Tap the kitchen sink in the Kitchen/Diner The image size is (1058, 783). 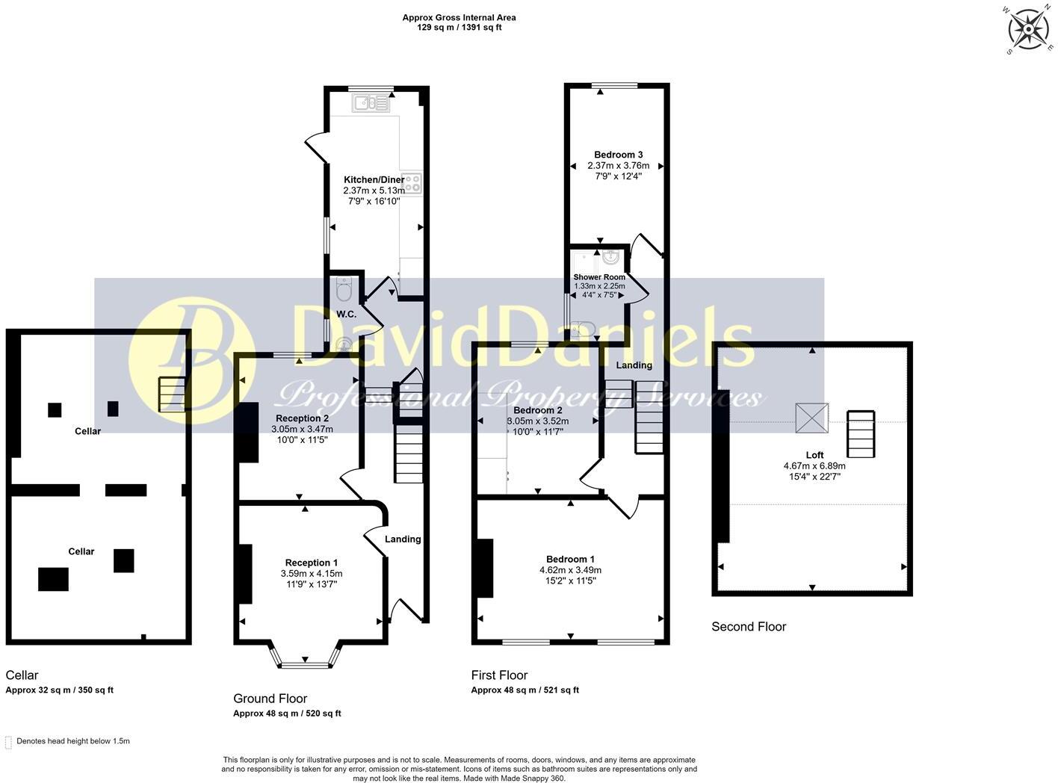(x=371, y=103)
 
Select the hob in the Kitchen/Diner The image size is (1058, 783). (x=412, y=183)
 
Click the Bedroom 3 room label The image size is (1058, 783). (x=618, y=155)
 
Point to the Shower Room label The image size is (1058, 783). (x=599, y=277)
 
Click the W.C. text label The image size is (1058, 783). (x=346, y=314)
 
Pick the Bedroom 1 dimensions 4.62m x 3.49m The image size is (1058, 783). (x=570, y=570)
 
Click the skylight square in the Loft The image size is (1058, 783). (x=811, y=418)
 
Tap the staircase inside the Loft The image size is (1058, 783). (x=860, y=434)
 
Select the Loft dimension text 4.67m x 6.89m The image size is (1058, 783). (x=814, y=465)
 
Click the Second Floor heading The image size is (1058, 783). (x=749, y=627)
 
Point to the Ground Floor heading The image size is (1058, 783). (x=270, y=699)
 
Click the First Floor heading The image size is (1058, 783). (x=499, y=675)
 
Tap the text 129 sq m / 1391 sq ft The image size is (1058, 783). (x=459, y=28)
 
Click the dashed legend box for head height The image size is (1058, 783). (x=9, y=742)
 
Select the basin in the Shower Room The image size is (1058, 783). (x=610, y=258)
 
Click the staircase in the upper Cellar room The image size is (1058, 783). (x=171, y=394)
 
